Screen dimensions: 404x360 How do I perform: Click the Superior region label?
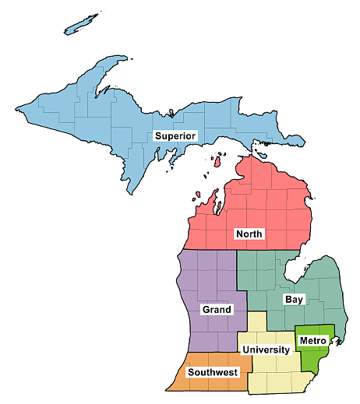coord(175,135)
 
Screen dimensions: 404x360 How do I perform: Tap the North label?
coord(249,234)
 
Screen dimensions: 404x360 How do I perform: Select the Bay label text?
coord(294,299)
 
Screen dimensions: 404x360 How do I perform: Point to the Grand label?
coord(217,309)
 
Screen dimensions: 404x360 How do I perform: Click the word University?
coord(266,350)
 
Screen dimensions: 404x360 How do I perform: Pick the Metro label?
coord(312,340)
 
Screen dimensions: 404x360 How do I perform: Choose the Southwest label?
coord(213,372)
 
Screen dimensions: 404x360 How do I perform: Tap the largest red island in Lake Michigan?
coord(218,160)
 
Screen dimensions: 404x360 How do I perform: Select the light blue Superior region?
coord(94,117)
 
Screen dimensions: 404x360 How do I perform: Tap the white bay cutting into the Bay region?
coord(296,272)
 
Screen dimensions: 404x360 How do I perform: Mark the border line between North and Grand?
coord(206,250)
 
